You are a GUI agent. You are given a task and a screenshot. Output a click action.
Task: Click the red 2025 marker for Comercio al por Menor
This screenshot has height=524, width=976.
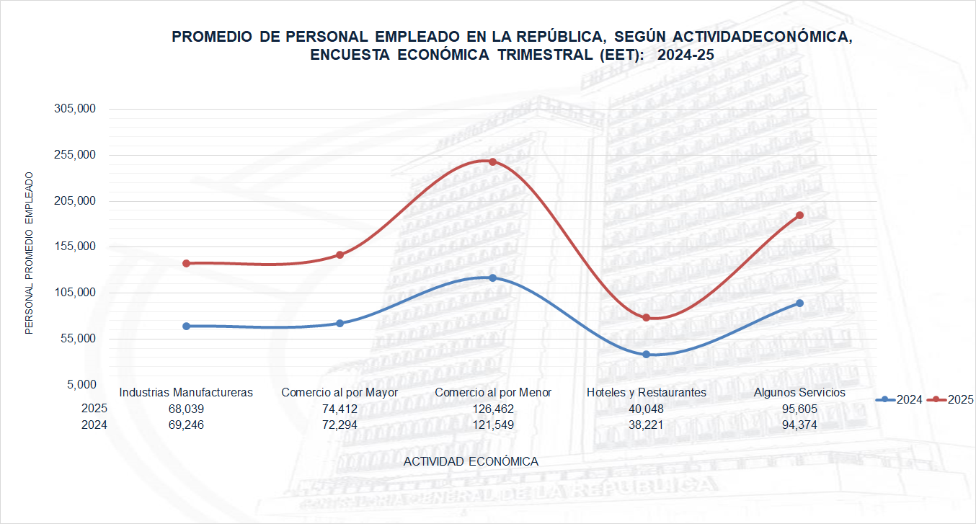tap(493, 161)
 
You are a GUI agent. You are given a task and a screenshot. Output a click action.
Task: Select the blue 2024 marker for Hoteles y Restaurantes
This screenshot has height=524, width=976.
tap(646, 355)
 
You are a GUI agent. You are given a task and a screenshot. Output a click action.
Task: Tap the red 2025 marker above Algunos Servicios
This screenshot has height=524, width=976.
tap(799, 216)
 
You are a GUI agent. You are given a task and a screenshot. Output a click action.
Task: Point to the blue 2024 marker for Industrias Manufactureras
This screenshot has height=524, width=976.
tap(186, 327)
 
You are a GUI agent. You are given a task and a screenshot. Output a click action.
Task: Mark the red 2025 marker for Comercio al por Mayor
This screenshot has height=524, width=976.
tap(340, 255)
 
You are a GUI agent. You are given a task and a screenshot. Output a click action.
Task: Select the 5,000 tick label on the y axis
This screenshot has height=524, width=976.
tap(81, 384)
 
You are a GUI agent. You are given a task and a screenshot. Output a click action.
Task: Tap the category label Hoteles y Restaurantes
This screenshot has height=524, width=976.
tap(646, 393)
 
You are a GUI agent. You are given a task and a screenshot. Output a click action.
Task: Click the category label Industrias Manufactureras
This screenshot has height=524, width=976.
tap(186, 393)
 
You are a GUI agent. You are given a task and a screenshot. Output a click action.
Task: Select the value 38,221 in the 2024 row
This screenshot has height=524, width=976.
tap(646, 425)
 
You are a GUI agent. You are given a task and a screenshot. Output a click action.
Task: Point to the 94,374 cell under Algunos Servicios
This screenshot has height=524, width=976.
tap(799, 425)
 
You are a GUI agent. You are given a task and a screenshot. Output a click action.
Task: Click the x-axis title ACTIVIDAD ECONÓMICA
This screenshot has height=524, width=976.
tap(471, 461)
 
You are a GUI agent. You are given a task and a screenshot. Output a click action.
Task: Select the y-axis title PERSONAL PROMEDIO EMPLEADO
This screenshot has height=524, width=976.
tap(30, 253)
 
